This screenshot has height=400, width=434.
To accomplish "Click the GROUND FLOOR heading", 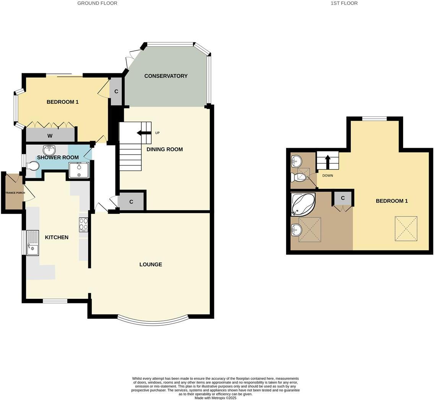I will [97, 3].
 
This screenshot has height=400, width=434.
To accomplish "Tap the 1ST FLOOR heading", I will [344, 3].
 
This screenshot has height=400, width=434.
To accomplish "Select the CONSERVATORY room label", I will [166, 76].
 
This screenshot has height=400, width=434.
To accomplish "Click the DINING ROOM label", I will [164, 149].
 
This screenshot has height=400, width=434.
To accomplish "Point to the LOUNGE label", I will [151, 264].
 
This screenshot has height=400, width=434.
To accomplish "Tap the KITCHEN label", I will [57, 237].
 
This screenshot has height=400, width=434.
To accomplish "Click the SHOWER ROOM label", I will [58, 157].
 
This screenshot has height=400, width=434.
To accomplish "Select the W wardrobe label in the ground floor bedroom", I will [50, 136].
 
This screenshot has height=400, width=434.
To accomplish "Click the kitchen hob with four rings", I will [83, 224].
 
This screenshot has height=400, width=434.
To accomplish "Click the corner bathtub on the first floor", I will [303, 204].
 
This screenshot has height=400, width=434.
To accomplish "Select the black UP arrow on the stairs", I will [144, 133].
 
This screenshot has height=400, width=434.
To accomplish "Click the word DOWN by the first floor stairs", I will [327, 176].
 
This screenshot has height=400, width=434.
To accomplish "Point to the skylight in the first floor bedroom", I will [406, 229].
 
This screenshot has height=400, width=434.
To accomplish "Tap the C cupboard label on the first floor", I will [343, 198].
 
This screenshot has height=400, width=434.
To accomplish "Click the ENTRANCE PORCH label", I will [15, 193].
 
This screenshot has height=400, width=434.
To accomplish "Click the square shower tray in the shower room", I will [79, 170].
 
